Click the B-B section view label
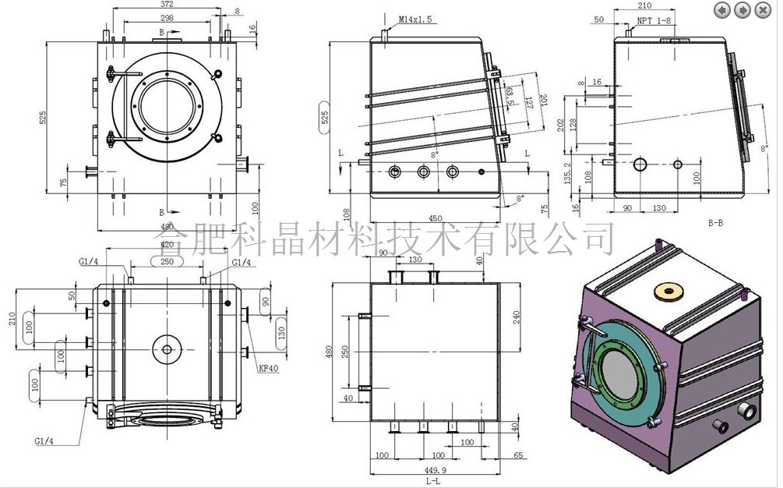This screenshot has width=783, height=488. click(x=715, y=223)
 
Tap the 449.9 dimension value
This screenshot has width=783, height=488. click(x=436, y=470)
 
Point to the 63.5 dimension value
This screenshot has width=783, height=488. click(x=509, y=97)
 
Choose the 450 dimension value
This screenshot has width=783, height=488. click(x=435, y=218)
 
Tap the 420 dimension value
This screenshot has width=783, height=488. click(x=166, y=244)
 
